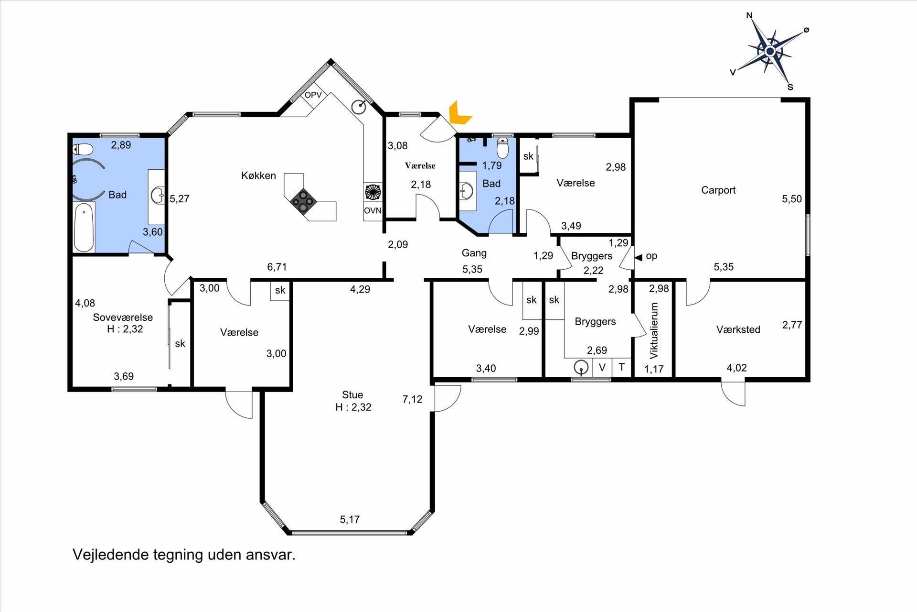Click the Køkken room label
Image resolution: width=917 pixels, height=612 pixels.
tap(258, 175)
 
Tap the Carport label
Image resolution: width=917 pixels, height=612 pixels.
tap(718, 190)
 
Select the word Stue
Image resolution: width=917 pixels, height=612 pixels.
tap(352, 395)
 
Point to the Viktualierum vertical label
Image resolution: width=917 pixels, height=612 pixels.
tap(654, 330)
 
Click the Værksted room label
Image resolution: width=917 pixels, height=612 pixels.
tap(738, 329)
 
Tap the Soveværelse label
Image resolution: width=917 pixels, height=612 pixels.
tap(123, 317)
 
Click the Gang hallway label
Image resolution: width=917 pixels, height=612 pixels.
tap(474, 253)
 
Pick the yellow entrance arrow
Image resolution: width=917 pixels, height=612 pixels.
tap(458, 114)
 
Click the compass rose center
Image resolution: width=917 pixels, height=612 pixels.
tap(770, 51)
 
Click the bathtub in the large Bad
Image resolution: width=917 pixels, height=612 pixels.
tap(85, 227)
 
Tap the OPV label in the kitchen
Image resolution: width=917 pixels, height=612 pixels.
tap(313, 95)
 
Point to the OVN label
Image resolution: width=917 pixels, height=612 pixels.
tap(373, 210)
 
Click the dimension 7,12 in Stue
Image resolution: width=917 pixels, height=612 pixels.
tap(412, 399)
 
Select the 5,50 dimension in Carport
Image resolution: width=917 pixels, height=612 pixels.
tap(792, 199)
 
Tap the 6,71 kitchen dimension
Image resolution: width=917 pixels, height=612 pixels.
tap(277, 267)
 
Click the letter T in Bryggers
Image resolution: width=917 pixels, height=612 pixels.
tap(621, 367)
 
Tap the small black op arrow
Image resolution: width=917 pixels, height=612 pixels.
tap(638, 257)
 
